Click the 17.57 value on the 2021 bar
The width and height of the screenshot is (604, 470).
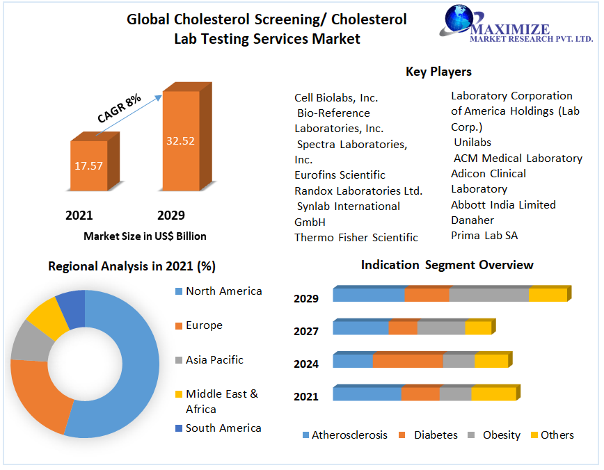click(x=89, y=165)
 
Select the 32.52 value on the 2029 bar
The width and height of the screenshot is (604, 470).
click(x=180, y=140)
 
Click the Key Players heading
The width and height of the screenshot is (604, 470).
click(x=438, y=72)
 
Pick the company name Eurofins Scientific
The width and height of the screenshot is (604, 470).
click(x=340, y=175)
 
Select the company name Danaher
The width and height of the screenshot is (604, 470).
click(x=472, y=220)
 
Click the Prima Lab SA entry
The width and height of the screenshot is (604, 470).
click(x=484, y=236)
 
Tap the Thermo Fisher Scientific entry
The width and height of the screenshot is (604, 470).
click(x=356, y=237)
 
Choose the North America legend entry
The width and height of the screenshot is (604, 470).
click(x=223, y=291)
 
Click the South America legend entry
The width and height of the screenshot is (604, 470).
click(x=223, y=428)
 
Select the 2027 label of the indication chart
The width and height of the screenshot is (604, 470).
click(x=306, y=331)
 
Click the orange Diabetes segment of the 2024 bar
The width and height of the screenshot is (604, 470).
click(x=408, y=361)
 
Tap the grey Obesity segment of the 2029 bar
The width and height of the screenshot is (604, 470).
click(x=488, y=294)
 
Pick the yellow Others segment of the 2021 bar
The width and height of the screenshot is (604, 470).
click(x=493, y=394)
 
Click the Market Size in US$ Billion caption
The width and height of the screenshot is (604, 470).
click(x=145, y=236)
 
